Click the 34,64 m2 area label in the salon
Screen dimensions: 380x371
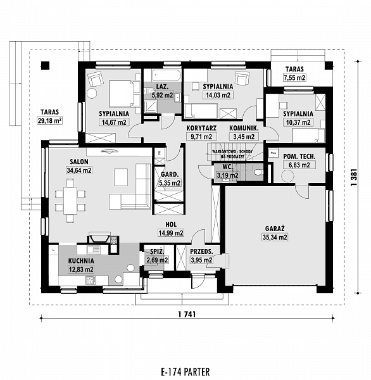[80, 170]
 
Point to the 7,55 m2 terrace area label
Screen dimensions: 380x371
[294, 78]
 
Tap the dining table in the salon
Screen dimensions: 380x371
[68, 198]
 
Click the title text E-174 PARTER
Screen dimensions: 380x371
[185, 371]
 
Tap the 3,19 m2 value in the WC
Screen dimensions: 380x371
[226, 175]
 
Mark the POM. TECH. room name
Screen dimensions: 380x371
[296, 156]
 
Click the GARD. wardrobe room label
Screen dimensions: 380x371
[168, 174]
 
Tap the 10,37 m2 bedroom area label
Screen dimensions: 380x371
[298, 122]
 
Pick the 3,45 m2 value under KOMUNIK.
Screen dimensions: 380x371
[244, 136]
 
